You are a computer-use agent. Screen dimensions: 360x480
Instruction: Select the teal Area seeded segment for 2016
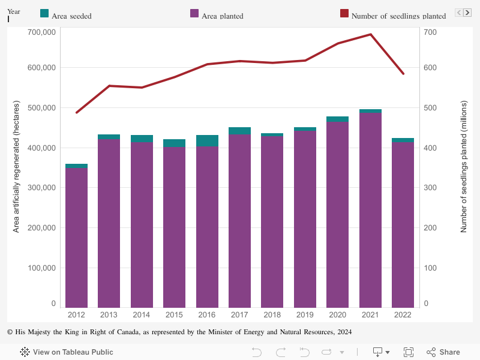[x=207, y=141]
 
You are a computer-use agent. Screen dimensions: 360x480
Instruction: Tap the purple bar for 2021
[x=370, y=210]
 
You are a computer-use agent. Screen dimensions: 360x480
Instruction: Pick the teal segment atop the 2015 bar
[x=174, y=143]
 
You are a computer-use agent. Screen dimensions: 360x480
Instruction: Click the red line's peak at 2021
[x=370, y=34]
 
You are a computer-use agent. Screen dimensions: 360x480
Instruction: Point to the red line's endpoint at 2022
[x=403, y=74]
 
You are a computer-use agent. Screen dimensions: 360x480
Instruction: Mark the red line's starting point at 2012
[x=77, y=112]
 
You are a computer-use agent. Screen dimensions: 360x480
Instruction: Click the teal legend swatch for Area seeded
[x=44, y=13]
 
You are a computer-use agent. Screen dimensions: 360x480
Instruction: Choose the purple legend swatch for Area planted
[x=194, y=13]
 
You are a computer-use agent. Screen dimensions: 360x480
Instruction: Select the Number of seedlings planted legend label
[x=398, y=16]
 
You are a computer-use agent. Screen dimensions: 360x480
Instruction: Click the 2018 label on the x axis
[x=272, y=315]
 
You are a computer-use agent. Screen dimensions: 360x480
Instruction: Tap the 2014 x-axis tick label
[x=142, y=315]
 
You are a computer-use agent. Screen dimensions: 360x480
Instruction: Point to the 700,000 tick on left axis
[x=42, y=31]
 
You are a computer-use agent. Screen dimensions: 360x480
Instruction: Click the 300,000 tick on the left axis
[x=42, y=188]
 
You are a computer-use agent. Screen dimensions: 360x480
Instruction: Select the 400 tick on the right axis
[x=431, y=148]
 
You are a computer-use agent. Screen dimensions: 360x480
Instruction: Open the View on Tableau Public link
[x=67, y=352]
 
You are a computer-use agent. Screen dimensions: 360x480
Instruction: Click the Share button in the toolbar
[x=443, y=352]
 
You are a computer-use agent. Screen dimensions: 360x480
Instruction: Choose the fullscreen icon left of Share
[x=409, y=352]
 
